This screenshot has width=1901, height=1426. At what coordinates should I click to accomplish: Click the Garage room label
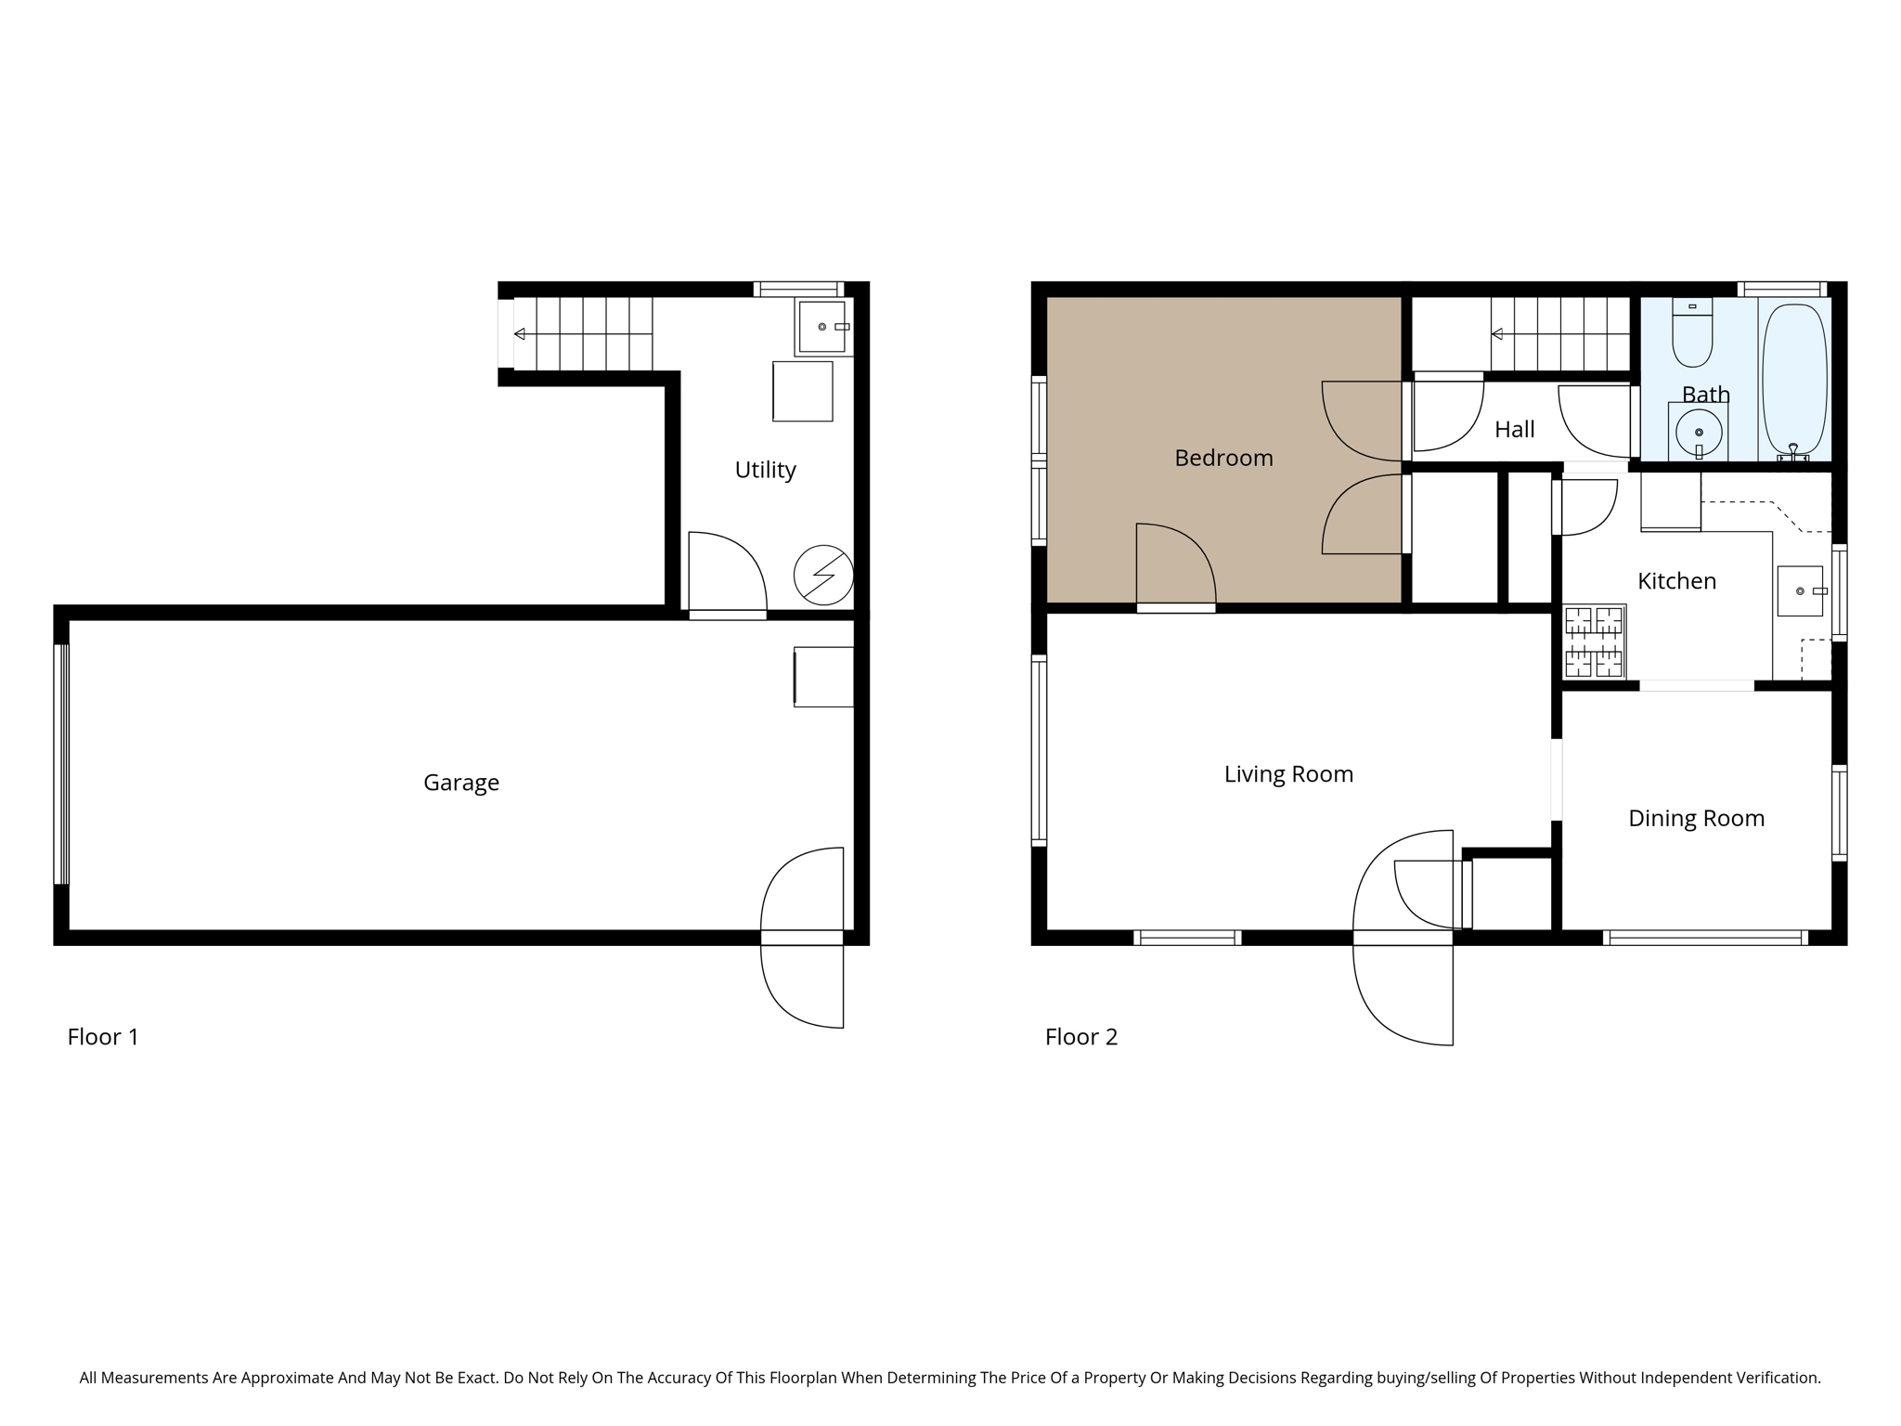[x=461, y=783]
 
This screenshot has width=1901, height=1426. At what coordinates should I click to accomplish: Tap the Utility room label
[x=765, y=470]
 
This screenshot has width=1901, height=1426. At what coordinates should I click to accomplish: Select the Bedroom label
[x=1223, y=458]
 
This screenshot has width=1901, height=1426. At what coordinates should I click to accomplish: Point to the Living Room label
[x=1288, y=774]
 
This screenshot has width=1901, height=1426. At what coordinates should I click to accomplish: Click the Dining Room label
[x=1696, y=819]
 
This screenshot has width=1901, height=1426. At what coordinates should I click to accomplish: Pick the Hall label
[x=1514, y=430]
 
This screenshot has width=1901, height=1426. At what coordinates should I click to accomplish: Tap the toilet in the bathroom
[x=1692, y=334]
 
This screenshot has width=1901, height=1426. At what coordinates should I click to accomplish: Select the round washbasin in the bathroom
[x=1699, y=432]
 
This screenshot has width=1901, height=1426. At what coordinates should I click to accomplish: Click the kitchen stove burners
[x=1594, y=642]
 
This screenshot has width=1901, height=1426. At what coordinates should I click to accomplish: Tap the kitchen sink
[x=1799, y=591]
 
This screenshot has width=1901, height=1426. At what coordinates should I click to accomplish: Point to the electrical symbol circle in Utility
[x=823, y=576]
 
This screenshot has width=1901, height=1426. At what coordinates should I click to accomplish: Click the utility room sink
[x=821, y=327]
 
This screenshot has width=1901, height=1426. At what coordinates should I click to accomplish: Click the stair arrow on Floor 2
[x=1497, y=334]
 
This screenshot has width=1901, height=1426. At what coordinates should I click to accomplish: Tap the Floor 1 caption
[x=103, y=1037]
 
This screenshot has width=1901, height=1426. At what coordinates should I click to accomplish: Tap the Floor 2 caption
[x=1080, y=1037]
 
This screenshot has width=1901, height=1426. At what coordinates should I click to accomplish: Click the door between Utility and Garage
[x=727, y=576]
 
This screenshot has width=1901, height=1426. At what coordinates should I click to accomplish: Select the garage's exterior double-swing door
[x=803, y=938]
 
